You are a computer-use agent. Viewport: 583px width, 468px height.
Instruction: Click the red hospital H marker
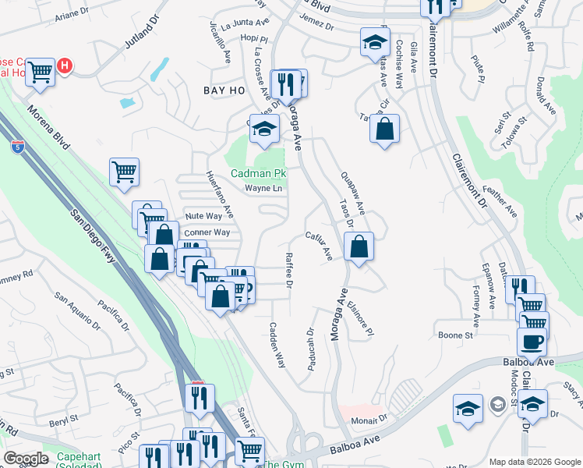[x=65, y=66]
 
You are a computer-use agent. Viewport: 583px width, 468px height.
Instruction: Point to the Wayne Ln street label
[x=263, y=188]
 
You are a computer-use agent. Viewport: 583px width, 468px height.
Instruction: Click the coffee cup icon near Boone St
[x=532, y=342]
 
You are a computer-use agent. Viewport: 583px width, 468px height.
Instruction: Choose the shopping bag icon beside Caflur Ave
[x=358, y=247]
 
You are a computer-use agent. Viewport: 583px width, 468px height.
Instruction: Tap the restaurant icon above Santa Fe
[x=200, y=399]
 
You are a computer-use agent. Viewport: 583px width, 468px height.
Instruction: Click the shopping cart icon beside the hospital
[x=40, y=72]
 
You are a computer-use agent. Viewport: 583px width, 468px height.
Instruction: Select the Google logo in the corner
[x=26, y=458]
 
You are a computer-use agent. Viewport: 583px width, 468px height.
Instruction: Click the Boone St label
[x=456, y=335]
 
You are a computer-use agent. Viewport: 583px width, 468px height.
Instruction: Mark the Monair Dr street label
[x=369, y=419]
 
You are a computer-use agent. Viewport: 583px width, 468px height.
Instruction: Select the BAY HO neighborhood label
[x=224, y=91]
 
